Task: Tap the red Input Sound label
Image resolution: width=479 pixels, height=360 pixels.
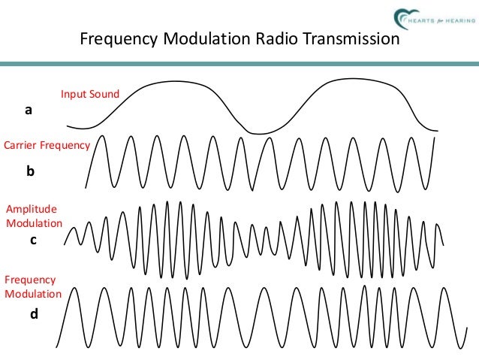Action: tap(90, 94)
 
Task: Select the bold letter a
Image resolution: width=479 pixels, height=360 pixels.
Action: tap(29, 110)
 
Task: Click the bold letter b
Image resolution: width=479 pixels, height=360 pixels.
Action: tap(30, 171)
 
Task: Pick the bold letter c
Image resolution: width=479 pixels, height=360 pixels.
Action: tap(32, 241)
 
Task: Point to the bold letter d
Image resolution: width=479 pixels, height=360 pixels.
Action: tap(34, 314)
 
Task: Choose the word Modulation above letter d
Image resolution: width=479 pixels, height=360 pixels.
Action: tap(33, 293)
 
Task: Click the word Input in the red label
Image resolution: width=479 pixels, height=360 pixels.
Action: tap(73, 94)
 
